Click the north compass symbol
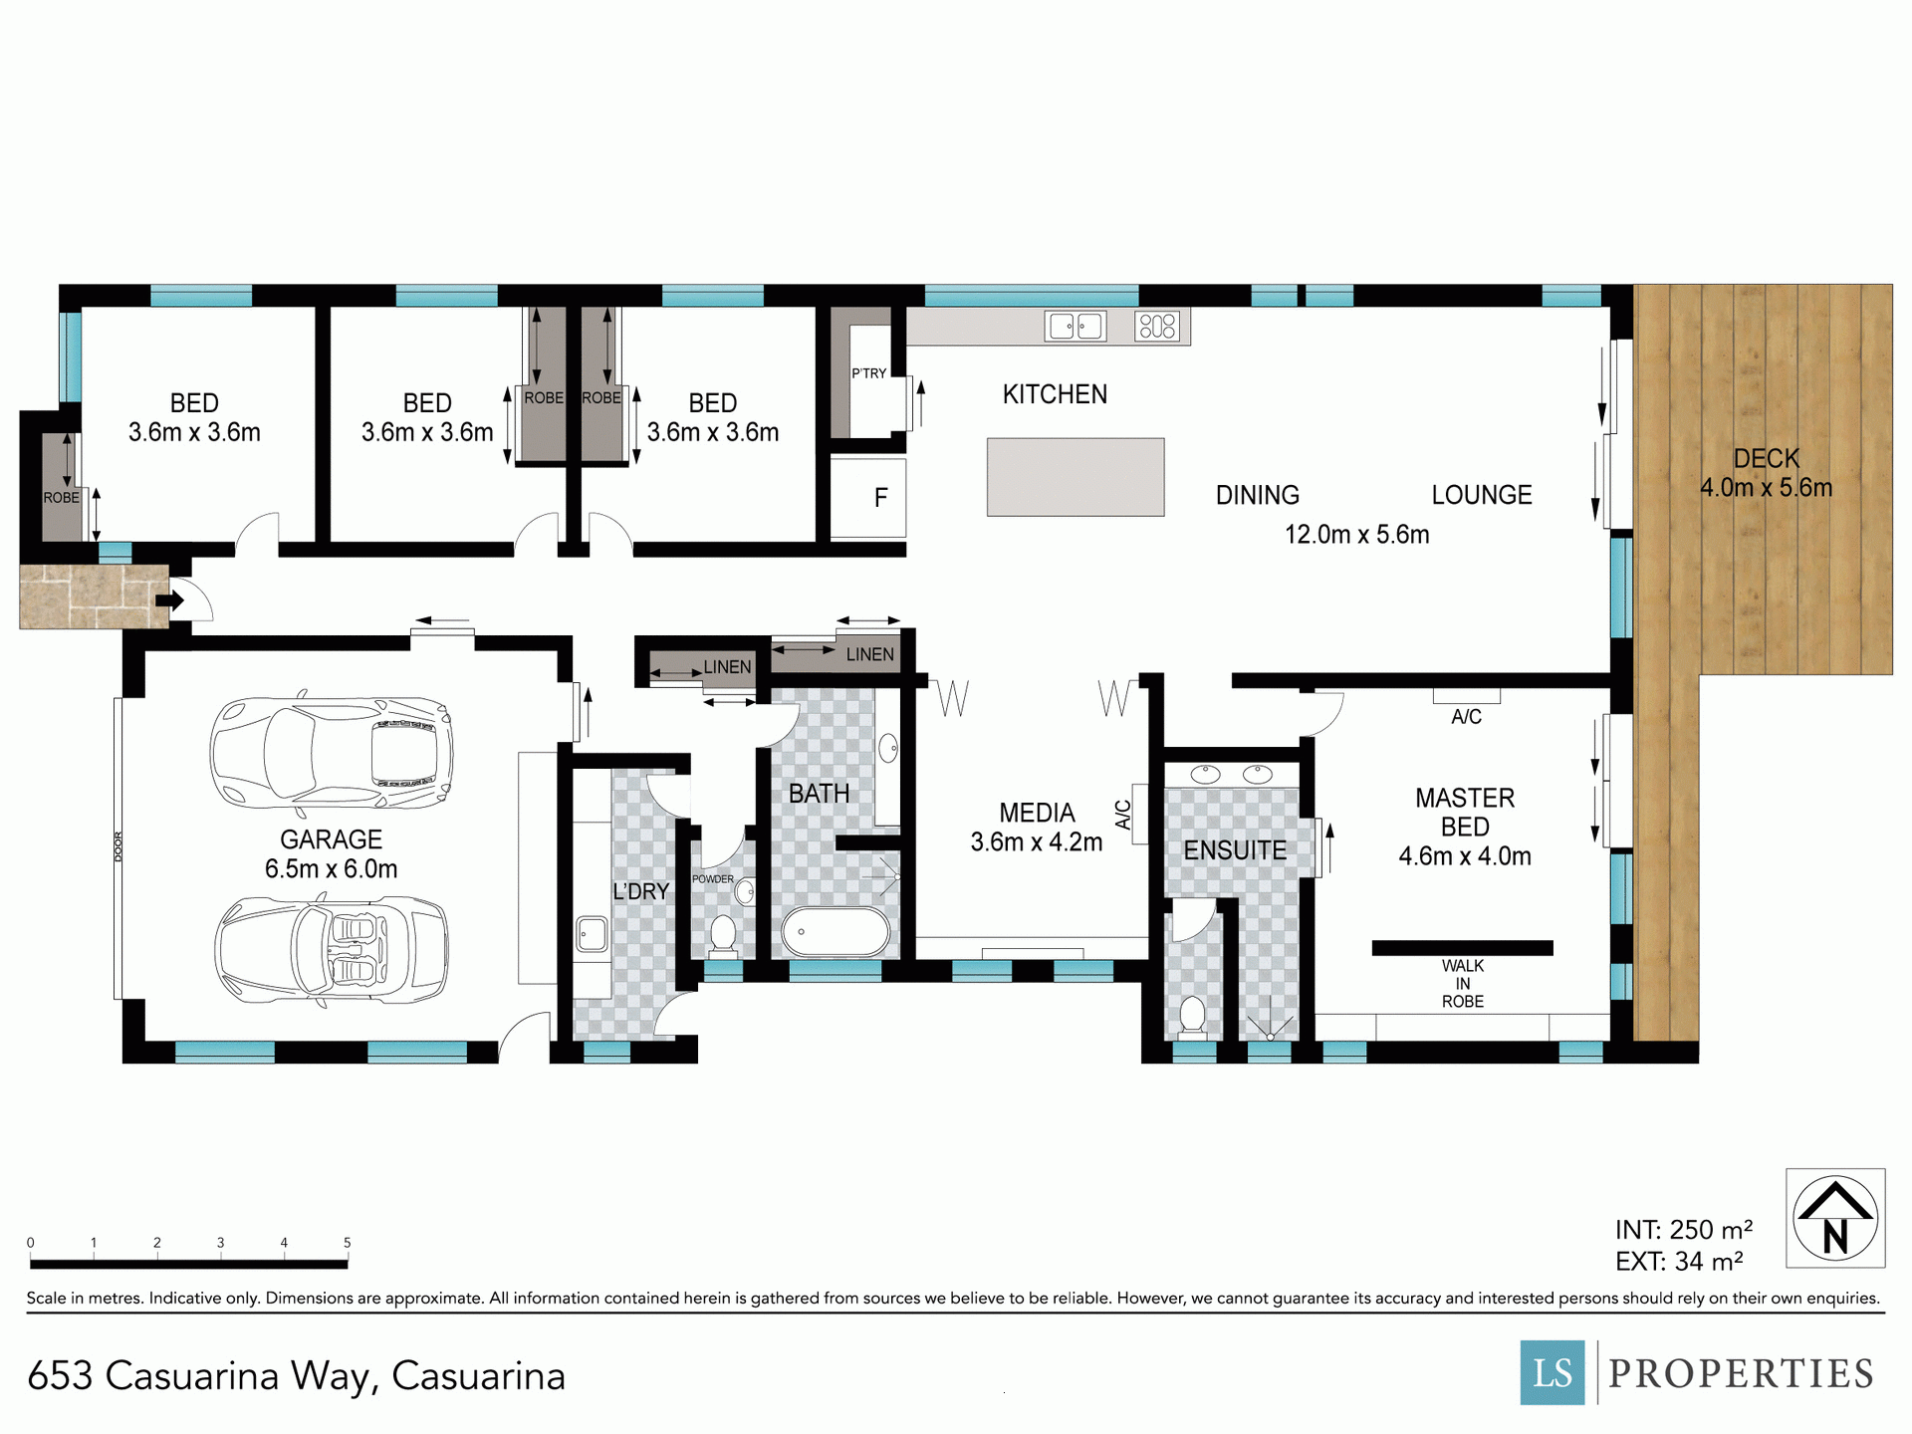click(1835, 1218)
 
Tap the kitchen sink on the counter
click(1075, 326)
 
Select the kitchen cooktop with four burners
click(1157, 326)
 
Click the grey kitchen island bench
click(1075, 477)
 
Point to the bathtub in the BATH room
click(836, 932)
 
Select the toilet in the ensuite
click(1192, 1016)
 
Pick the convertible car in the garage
click(332, 951)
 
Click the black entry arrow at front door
click(170, 600)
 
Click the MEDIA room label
click(1037, 813)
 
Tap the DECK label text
click(1767, 459)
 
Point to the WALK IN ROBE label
click(1463, 984)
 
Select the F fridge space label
click(880, 498)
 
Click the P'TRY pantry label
click(868, 373)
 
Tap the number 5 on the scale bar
click(348, 1243)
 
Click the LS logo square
click(1553, 1372)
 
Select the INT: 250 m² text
click(1684, 1230)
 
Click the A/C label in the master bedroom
click(1466, 717)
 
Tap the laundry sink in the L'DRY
click(593, 934)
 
